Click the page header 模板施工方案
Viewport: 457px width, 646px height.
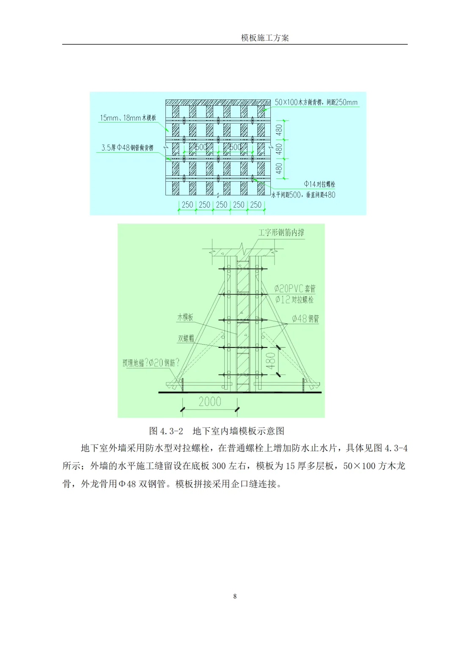[265, 38]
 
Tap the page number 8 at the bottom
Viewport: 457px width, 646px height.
[235, 596]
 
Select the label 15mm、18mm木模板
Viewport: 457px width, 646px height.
[128, 118]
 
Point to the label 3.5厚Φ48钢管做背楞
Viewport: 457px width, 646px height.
[127, 148]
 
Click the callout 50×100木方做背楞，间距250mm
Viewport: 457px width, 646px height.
[316, 102]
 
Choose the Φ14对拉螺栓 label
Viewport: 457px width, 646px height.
[319, 184]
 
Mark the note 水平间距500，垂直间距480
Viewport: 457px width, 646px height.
[303, 195]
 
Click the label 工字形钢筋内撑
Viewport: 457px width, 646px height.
[281, 233]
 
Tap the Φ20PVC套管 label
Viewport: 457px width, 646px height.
[295, 289]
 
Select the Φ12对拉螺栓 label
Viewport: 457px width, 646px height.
[295, 300]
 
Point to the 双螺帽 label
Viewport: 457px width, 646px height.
[186, 338]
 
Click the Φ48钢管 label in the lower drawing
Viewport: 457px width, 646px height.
[306, 319]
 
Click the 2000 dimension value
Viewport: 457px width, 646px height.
[210, 401]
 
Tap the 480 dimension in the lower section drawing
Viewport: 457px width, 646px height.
[270, 360]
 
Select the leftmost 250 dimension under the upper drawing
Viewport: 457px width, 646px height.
[187, 205]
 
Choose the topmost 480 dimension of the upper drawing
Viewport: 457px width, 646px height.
[279, 130]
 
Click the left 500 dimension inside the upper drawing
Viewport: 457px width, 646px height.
[201, 147]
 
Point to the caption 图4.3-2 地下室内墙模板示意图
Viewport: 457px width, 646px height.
[217, 431]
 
